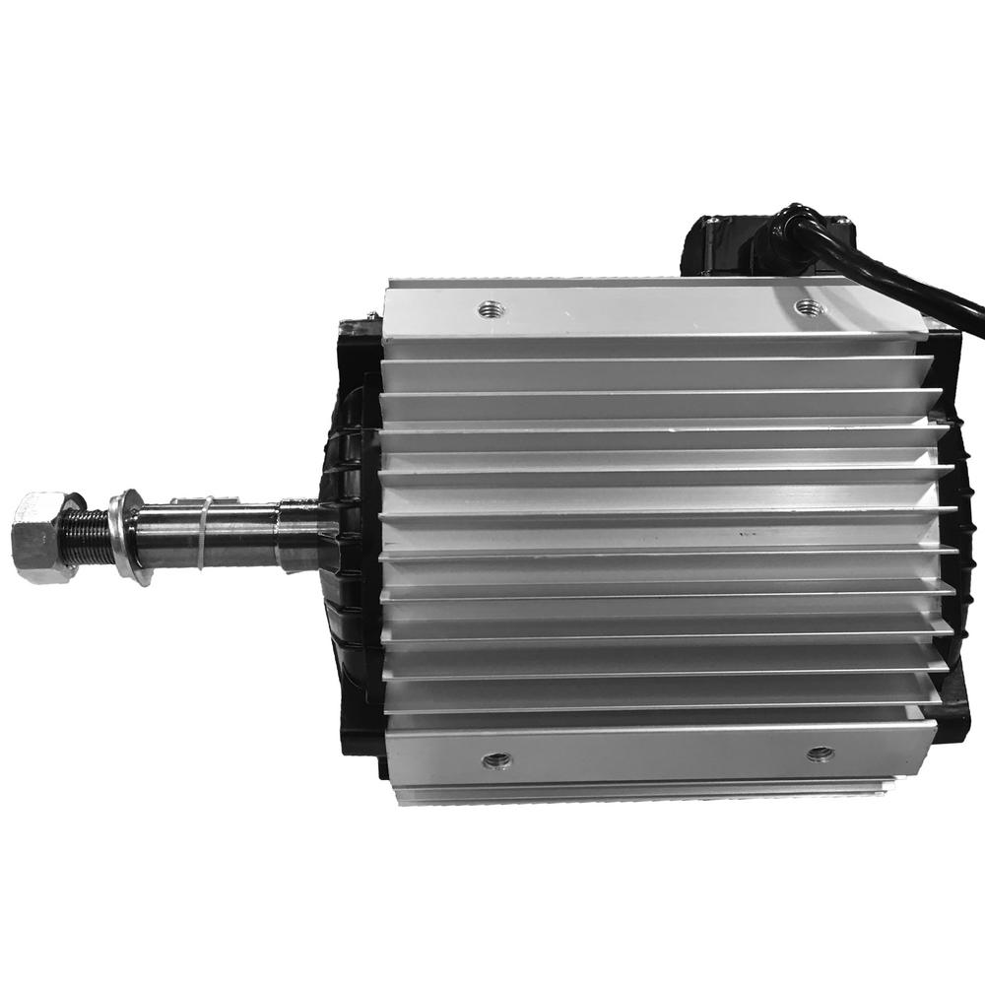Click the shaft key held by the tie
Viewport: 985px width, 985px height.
point(222,504)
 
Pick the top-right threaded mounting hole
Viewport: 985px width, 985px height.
point(809,306)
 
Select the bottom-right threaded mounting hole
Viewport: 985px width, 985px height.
point(819,755)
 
